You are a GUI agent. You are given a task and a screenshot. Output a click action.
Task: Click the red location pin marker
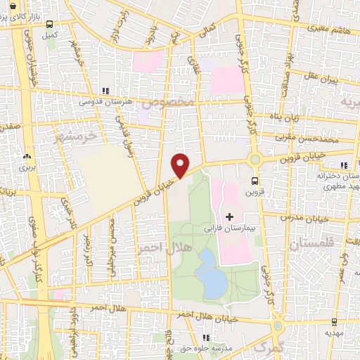(181, 165)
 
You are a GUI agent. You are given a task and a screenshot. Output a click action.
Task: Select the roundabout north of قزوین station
(255, 160)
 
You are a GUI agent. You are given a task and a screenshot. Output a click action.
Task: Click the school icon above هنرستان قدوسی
(105, 91)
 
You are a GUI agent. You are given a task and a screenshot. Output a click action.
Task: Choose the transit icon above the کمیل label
(49, 23)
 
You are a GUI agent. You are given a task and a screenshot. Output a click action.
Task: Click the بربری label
(26, 168)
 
